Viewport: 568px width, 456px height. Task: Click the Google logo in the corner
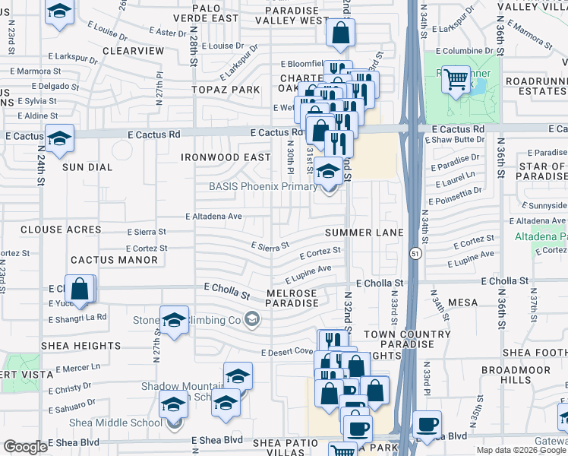25,447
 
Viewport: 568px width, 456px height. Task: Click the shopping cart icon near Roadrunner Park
456,78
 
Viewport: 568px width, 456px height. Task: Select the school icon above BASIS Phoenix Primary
328,173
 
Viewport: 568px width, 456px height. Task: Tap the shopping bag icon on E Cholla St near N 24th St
80,290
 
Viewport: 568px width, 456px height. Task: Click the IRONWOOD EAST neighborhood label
226,157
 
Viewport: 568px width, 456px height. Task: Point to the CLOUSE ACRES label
61,230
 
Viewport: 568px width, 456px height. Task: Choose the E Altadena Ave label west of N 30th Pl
214,217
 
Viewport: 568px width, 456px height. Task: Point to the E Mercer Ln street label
74,367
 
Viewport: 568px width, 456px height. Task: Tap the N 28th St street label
194,49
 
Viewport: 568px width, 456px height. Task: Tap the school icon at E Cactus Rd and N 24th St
58,139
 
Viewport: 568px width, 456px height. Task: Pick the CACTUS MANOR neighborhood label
103,260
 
